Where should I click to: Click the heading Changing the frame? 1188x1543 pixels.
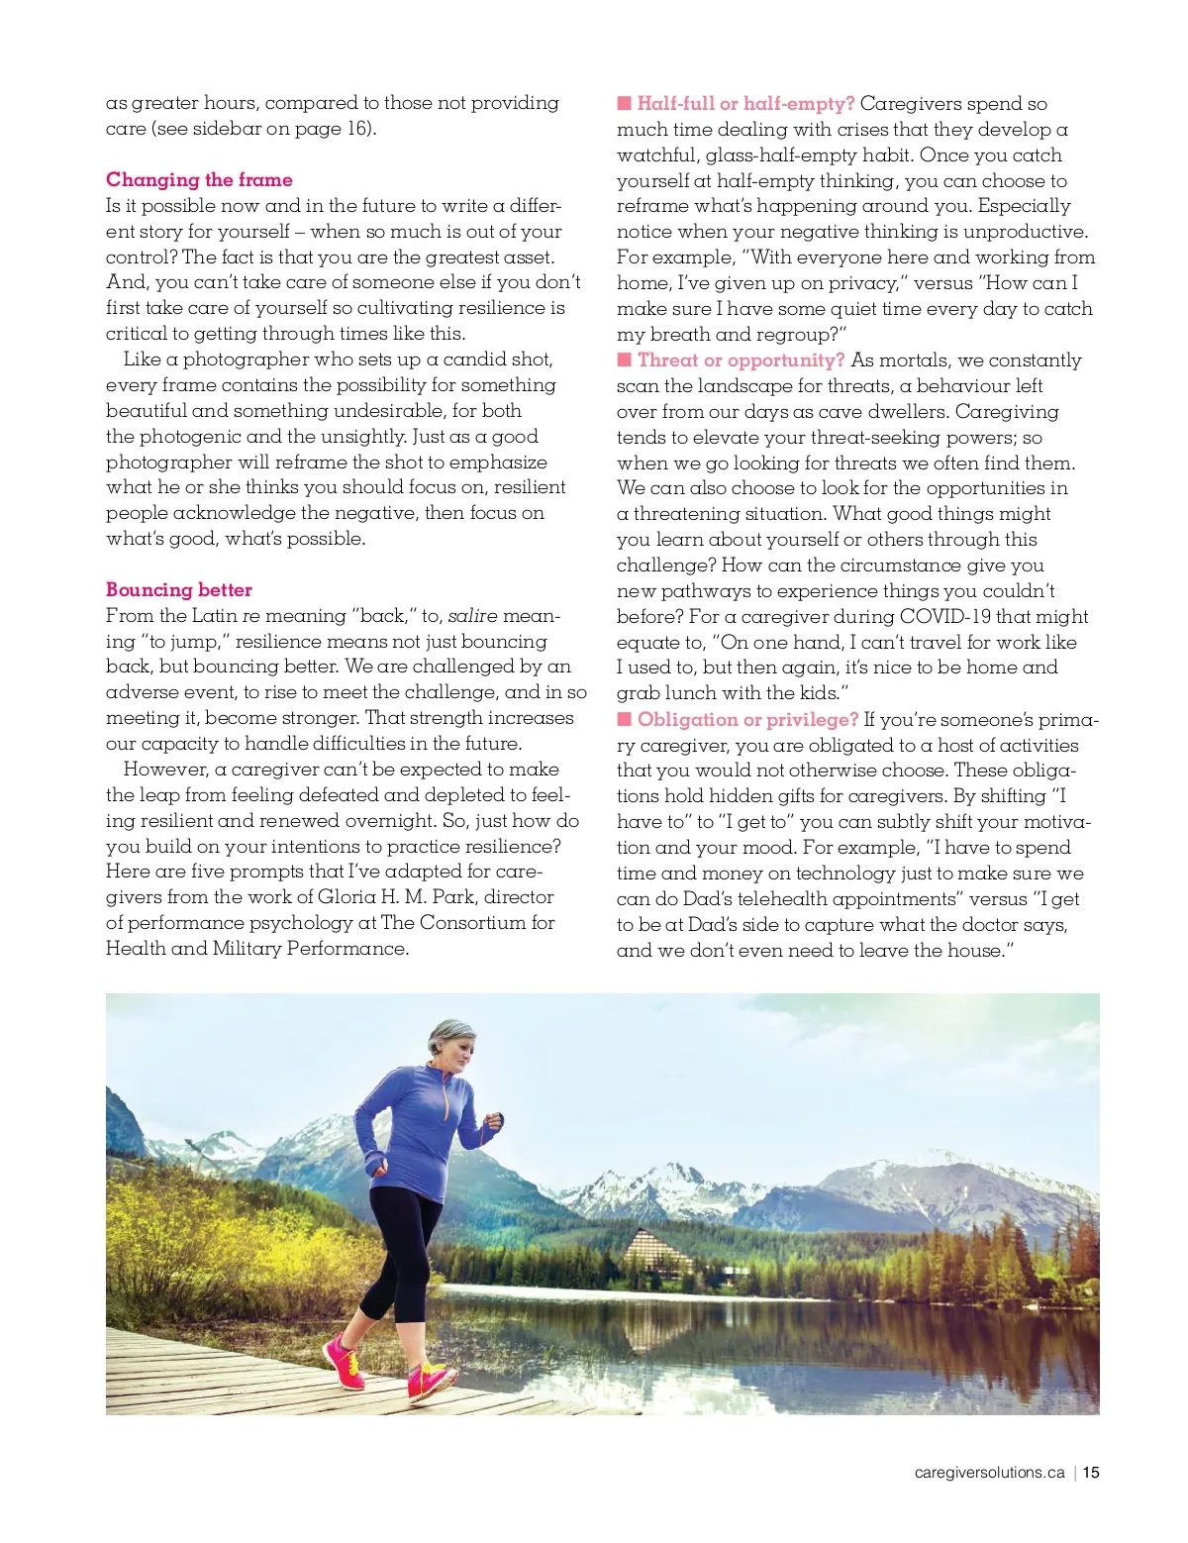click(x=199, y=179)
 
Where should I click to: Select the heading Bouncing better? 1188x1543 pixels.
click(x=179, y=589)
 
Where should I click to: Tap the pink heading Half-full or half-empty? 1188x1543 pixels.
click(x=745, y=103)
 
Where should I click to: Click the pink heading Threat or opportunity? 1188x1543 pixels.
click(x=741, y=360)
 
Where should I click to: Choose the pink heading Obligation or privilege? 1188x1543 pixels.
click(x=747, y=719)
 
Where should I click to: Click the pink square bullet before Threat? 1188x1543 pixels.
click(x=624, y=360)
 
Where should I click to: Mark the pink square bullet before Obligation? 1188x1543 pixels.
click(x=624, y=719)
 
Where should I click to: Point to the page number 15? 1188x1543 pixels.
click(x=1090, y=1472)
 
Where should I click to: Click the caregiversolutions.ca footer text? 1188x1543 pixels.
click(x=989, y=1472)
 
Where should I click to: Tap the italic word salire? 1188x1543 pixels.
click(x=472, y=615)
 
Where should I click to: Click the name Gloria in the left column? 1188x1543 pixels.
click(x=346, y=896)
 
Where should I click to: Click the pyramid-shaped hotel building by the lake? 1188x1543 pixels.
click(x=657, y=1252)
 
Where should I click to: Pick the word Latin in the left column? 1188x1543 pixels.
click(x=214, y=615)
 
